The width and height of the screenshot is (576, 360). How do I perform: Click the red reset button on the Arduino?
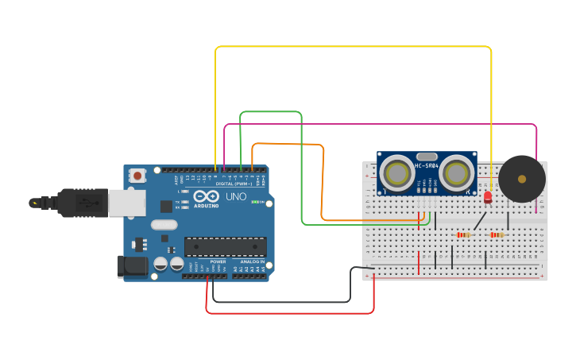(x=137, y=175)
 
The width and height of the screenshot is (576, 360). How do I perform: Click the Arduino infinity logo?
(x=205, y=196)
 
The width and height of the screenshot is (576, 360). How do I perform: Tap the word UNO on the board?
(x=236, y=196)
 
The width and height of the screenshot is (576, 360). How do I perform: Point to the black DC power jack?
(x=132, y=266)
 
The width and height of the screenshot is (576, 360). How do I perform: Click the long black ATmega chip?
(x=226, y=246)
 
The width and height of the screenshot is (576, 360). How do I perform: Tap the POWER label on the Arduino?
(x=218, y=261)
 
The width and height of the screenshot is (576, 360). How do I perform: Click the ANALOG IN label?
(x=253, y=261)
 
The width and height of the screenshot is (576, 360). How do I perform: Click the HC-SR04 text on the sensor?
(x=427, y=166)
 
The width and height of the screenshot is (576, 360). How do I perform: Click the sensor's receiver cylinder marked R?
(x=458, y=172)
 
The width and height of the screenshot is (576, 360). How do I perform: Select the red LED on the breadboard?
(x=488, y=196)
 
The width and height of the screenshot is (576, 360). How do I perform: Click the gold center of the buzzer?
(x=522, y=179)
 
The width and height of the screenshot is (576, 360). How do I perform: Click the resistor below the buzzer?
(x=497, y=234)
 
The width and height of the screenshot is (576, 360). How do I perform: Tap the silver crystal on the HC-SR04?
(x=427, y=157)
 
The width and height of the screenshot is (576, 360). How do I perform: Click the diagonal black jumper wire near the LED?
(x=480, y=221)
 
